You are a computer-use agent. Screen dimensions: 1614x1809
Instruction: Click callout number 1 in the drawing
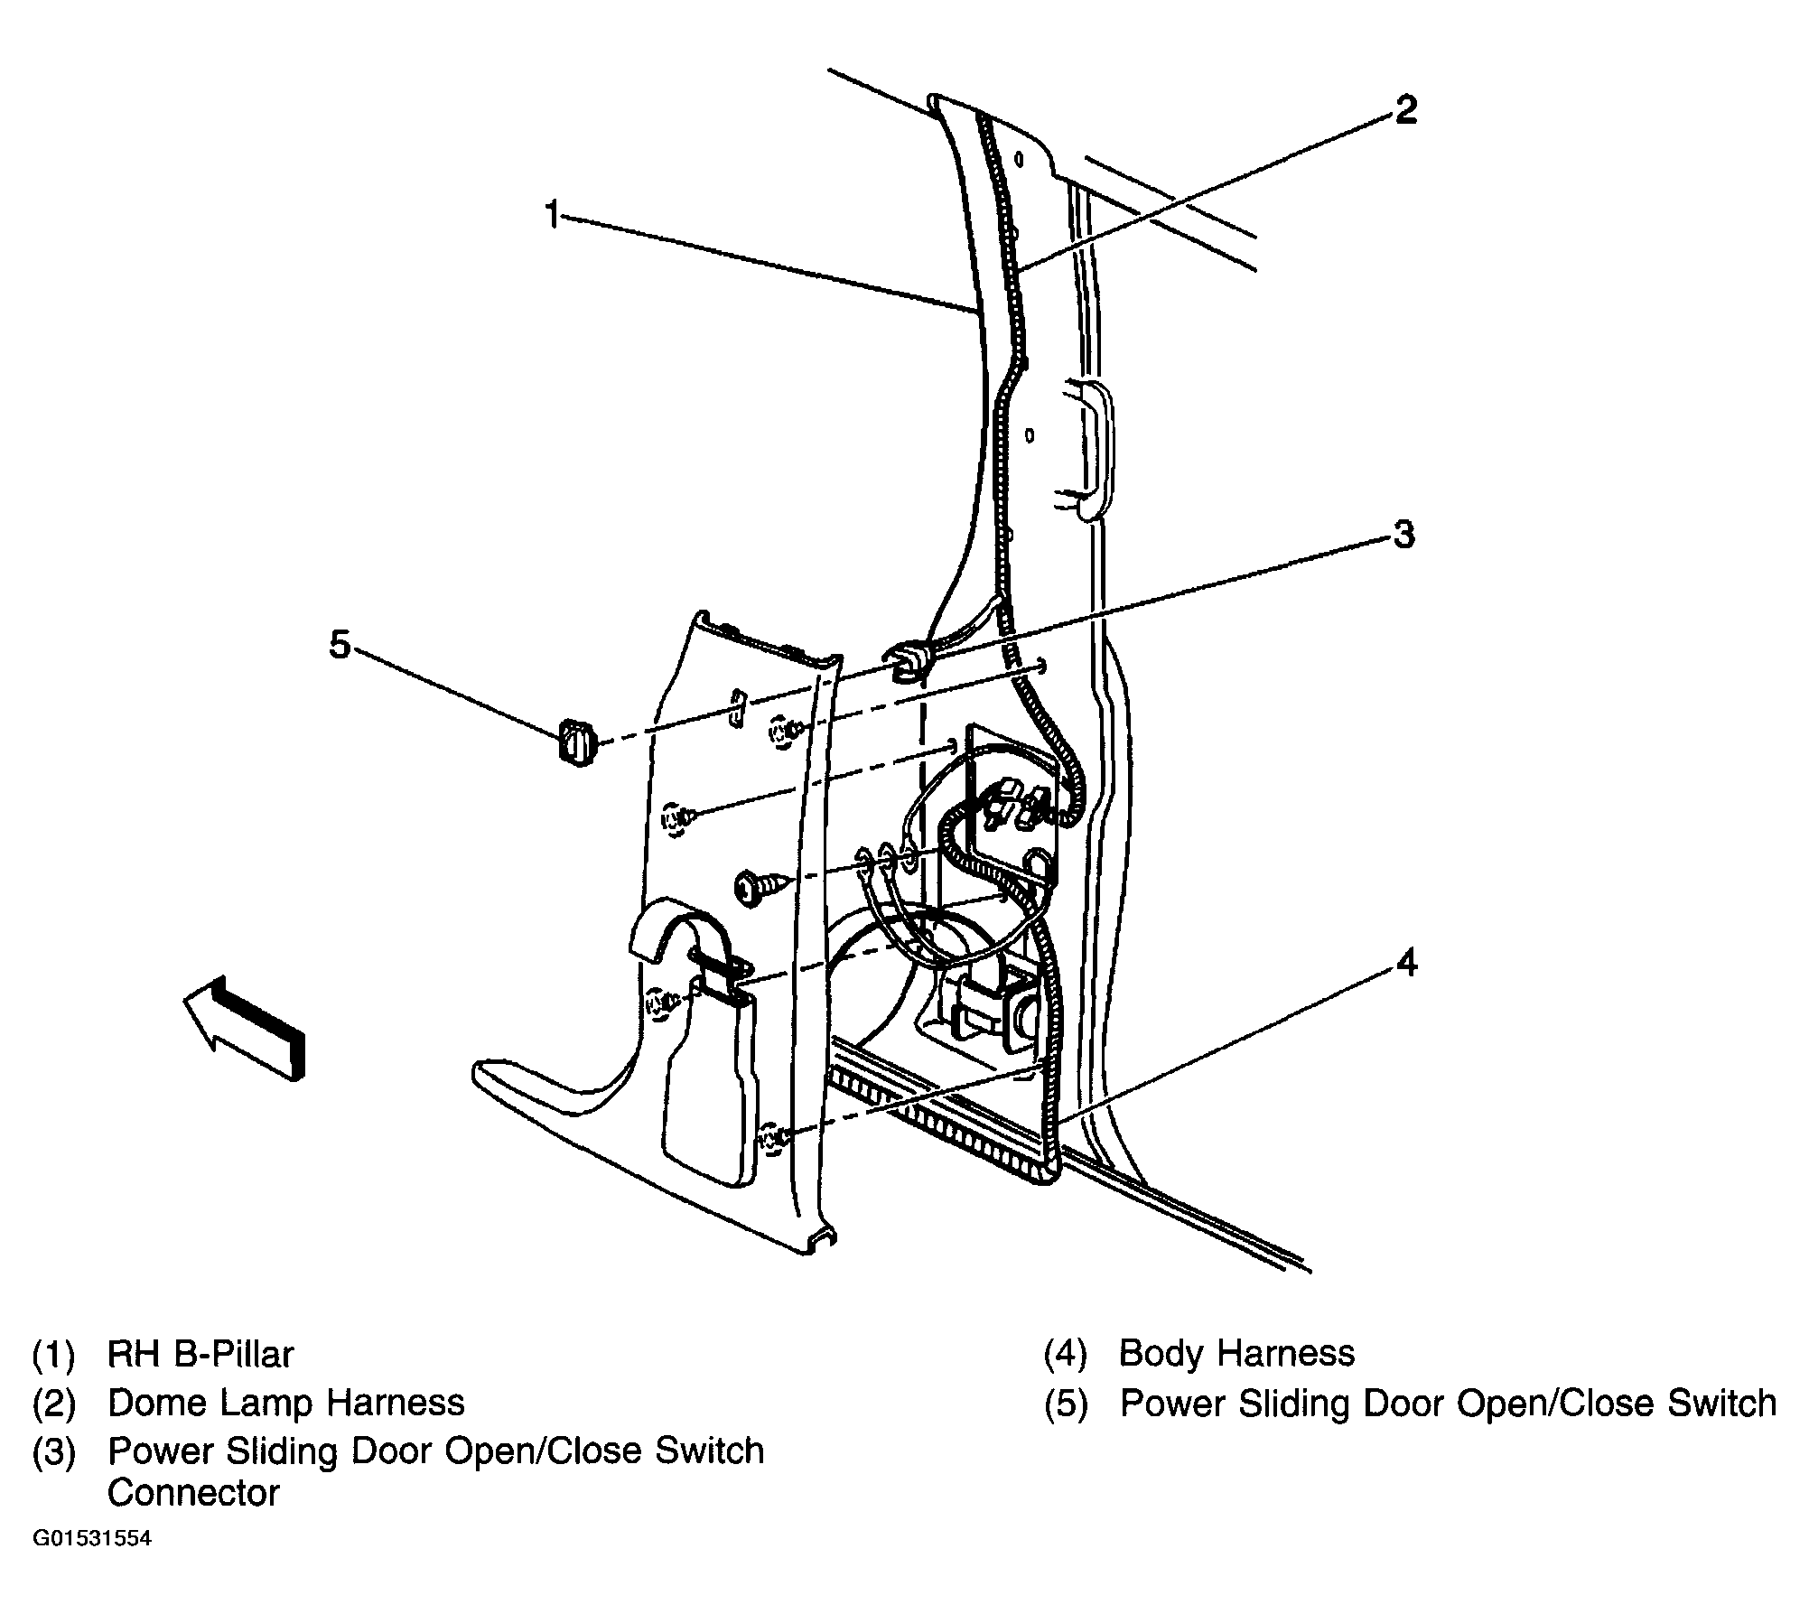point(552,215)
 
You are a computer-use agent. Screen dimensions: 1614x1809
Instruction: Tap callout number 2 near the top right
point(1405,110)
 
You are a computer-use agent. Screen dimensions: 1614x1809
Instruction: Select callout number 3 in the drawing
point(1403,534)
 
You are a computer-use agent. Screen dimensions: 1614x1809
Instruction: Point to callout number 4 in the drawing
point(1406,963)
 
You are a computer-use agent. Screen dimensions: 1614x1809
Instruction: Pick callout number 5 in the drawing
point(339,645)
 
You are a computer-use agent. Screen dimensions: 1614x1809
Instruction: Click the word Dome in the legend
point(154,1403)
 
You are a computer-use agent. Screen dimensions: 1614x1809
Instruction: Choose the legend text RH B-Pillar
point(200,1354)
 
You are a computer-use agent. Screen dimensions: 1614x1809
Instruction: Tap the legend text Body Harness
point(1236,1353)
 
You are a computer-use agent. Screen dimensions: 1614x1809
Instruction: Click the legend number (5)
point(1067,1404)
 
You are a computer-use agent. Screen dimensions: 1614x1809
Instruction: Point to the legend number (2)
point(55,1404)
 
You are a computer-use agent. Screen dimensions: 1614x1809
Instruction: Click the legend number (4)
point(1067,1354)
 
